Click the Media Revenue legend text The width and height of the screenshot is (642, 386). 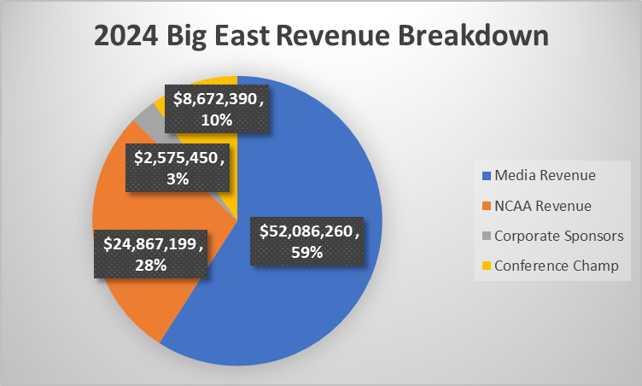(551, 175)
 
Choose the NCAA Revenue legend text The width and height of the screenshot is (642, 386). (549, 206)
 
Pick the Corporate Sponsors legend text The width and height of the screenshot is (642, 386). (560, 236)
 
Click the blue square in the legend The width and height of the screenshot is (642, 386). (487, 176)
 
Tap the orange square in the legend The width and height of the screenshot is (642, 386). (487, 206)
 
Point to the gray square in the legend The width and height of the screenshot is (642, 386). (487, 237)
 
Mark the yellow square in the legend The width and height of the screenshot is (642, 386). (487, 266)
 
